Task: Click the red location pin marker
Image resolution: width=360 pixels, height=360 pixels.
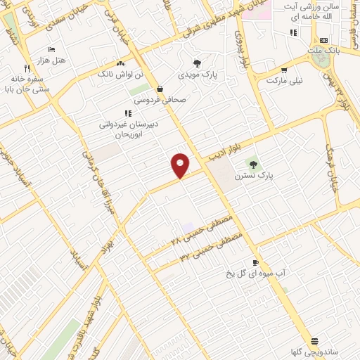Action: pos(181,165)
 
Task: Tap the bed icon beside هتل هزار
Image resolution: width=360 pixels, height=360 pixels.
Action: pos(51,49)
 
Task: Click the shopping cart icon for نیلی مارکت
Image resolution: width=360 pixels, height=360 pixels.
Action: pos(284,70)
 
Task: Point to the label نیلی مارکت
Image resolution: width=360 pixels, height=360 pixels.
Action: pos(285,81)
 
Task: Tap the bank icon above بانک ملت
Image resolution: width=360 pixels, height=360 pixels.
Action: pos(323,41)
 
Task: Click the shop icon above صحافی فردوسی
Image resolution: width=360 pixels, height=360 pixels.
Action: pos(160,89)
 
